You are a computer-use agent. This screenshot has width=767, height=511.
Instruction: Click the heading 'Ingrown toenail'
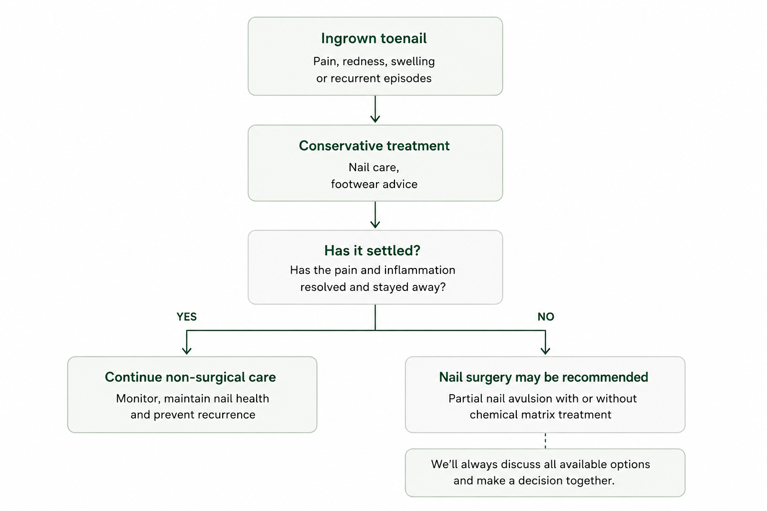[x=374, y=38]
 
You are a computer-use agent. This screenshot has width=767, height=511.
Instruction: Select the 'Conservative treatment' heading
[x=374, y=146]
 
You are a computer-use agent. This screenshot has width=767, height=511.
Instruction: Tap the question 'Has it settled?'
[x=372, y=251]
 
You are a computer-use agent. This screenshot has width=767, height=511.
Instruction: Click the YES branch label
[x=187, y=316]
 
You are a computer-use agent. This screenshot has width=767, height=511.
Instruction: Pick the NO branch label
[x=546, y=316]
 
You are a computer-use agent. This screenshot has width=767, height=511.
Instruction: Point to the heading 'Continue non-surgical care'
[x=190, y=377]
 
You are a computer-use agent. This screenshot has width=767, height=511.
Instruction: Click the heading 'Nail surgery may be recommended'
[x=543, y=377]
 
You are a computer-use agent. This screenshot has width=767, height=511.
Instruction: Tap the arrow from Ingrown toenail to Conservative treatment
[x=376, y=109]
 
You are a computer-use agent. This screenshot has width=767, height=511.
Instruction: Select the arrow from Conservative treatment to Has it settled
[x=376, y=215]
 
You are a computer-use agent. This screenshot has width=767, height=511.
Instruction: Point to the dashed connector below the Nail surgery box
[x=545, y=441]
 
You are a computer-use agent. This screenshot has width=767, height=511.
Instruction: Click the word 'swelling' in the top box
[x=412, y=61]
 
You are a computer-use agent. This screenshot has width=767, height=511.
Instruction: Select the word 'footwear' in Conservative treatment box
[x=356, y=184]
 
